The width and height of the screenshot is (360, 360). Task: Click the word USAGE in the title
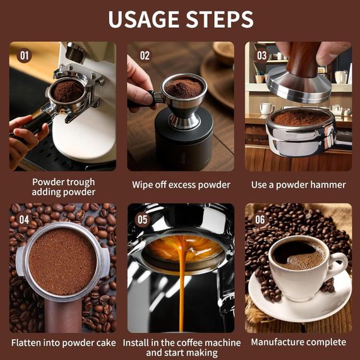point(143,20)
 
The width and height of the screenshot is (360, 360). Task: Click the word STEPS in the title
point(220,20)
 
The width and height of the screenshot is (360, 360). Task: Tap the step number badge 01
point(24,56)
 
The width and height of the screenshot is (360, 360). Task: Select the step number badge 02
point(145,56)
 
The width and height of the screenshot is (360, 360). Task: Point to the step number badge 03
point(261,56)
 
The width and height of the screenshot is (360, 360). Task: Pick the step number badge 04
point(24,220)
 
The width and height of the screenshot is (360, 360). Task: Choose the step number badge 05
point(142,220)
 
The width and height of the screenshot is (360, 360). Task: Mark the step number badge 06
point(260,220)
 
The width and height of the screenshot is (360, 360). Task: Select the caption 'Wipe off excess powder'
point(181,185)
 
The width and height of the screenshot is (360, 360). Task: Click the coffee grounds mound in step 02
point(184,88)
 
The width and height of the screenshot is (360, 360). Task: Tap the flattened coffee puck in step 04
point(63,261)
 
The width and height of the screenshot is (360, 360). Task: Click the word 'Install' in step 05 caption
point(136,343)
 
